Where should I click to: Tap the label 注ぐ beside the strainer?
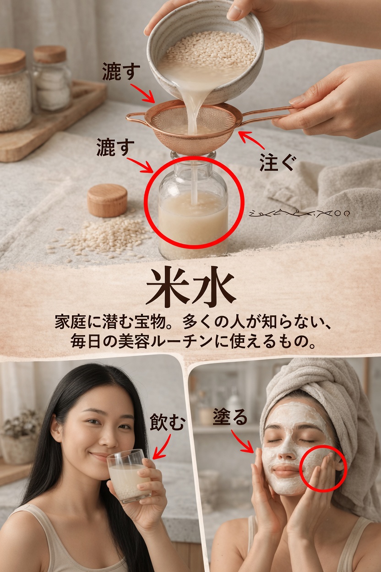click(278, 163)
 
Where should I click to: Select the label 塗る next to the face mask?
click(230, 417)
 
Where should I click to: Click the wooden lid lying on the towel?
click(107, 200)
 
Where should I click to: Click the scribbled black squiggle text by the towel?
click(300, 213)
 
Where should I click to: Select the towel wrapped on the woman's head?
click(321, 390)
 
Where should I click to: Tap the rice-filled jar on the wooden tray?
click(14, 96)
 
